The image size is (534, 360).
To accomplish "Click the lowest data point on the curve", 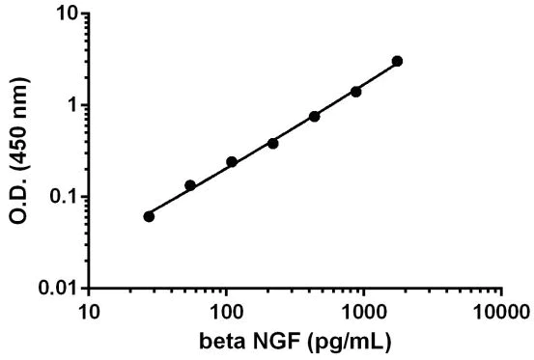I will pyautogui.click(x=149, y=216).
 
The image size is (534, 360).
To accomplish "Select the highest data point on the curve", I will pyautogui.click(x=397, y=61).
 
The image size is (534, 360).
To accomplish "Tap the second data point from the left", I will pyautogui.click(x=190, y=185).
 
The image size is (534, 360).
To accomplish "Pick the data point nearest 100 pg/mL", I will pyautogui.click(x=232, y=161).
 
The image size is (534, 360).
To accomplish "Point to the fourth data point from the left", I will pyautogui.click(x=272, y=143).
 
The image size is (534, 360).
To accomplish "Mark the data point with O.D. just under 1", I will pyautogui.click(x=315, y=116).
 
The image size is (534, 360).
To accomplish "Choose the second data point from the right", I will pyautogui.click(x=355, y=92).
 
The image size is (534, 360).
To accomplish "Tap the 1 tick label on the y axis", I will pyautogui.click(x=70, y=105).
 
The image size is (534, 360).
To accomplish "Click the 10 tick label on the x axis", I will pyautogui.click(x=89, y=312).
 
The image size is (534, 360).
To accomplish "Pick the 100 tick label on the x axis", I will pyautogui.click(x=226, y=312).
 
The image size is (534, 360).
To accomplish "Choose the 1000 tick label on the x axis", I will pyautogui.click(x=364, y=312).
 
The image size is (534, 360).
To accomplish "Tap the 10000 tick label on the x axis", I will pyautogui.click(x=502, y=312).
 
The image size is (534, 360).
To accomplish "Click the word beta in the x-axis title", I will pyautogui.click(x=221, y=341).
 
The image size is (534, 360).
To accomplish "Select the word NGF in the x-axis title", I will pyautogui.click(x=275, y=341).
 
